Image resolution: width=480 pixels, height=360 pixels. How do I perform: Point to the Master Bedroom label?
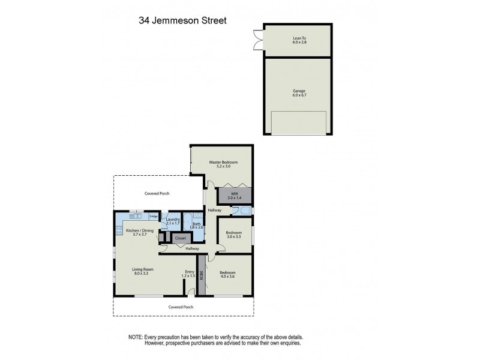pos(223,163)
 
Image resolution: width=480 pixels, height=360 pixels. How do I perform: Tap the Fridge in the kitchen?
pos(154,216)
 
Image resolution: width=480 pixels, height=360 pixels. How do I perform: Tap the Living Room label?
pos(140,271)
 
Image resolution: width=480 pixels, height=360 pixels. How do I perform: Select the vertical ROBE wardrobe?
pos(202,275)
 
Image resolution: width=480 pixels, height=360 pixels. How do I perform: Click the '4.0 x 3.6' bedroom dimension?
pos(227,276)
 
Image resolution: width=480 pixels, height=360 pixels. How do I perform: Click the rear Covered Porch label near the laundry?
pos(157,194)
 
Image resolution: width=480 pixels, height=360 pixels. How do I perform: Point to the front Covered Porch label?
pos(181,307)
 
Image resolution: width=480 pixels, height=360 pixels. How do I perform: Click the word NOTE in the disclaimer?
pos(137,337)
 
